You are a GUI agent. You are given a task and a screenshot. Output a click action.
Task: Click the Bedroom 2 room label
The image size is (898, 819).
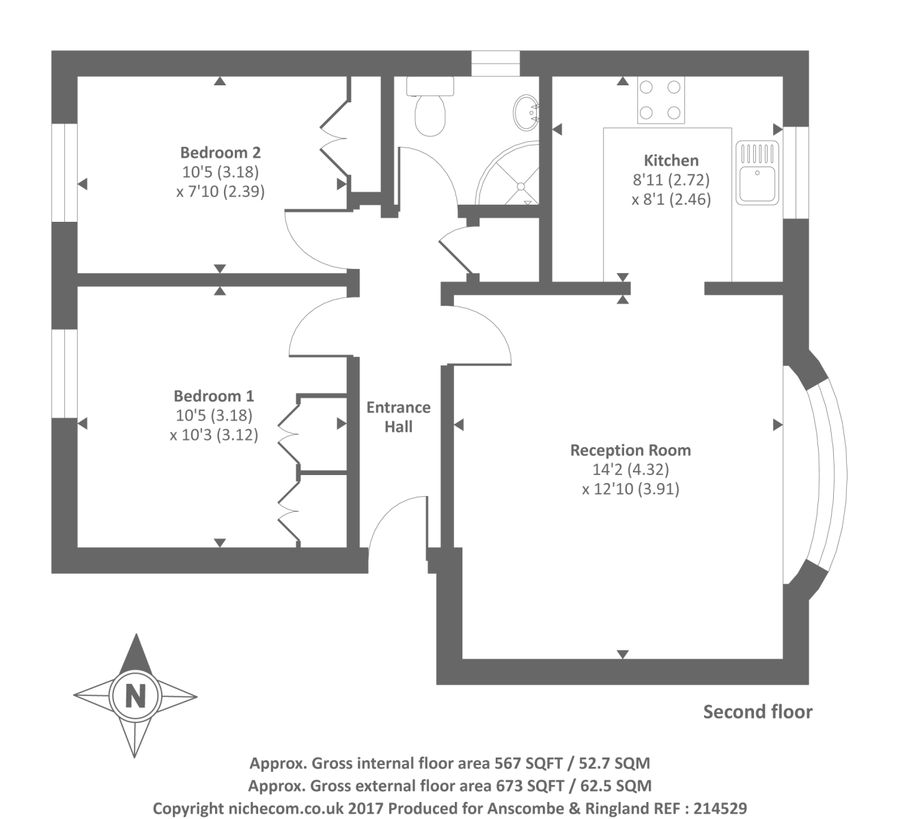[220, 152]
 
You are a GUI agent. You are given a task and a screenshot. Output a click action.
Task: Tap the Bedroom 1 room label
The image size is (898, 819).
[214, 396]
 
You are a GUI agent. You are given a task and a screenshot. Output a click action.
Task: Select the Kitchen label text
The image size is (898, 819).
[671, 160]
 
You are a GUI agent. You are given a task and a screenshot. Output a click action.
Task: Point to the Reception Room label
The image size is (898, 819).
[630, 450]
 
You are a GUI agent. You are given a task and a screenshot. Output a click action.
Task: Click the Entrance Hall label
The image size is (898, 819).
[398, 417]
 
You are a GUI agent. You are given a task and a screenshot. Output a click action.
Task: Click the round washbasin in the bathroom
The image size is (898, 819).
[526, 112]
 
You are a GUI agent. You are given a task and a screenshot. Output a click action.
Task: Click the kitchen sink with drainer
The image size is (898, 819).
[757, 173]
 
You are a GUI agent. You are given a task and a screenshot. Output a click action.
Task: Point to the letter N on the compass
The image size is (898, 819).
[136, 697]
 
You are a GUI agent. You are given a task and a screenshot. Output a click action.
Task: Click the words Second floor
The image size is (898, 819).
[757, 712]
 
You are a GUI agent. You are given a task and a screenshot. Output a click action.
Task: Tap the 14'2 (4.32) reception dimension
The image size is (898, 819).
[630, 470]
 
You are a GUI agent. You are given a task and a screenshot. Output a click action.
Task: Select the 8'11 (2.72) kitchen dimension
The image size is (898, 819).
[671, 180]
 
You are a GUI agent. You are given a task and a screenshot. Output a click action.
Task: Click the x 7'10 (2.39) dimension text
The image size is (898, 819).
[220, 191]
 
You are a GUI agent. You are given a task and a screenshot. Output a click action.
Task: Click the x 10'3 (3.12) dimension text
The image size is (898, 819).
[214, 435]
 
